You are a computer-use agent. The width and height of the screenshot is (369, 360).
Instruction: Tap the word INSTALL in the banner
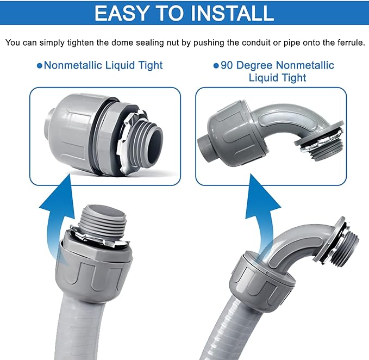(x=234, y=13)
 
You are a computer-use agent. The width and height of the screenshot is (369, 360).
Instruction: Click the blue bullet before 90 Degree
(x=216, y=66)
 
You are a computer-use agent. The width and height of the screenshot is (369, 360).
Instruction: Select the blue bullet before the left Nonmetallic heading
(x=39, y=66)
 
